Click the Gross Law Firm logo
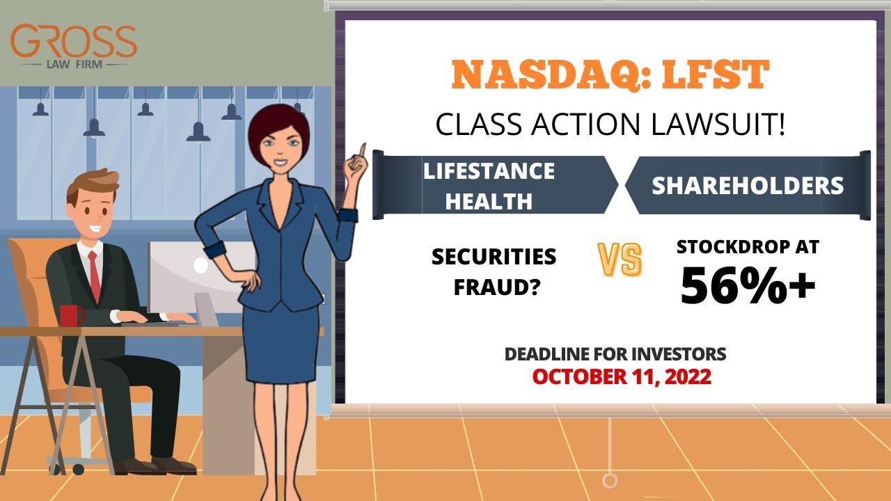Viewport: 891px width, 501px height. click(73, 45)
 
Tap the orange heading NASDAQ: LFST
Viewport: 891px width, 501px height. click(610, 75)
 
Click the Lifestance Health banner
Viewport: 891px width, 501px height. click(489, 186)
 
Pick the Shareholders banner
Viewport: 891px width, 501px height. click(748, 186)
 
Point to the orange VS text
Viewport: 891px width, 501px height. click(620, 260)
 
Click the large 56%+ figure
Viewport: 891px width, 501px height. click(748, 285)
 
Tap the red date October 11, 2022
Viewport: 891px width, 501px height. click(622, 376)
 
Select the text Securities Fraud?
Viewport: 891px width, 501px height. click(494, 271)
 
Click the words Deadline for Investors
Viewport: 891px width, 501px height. click(615, 353)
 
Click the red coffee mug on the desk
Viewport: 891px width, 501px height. click(70, 315)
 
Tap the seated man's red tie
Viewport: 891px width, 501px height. click(94, 276)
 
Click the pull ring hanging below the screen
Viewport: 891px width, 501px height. click(610, 480)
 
